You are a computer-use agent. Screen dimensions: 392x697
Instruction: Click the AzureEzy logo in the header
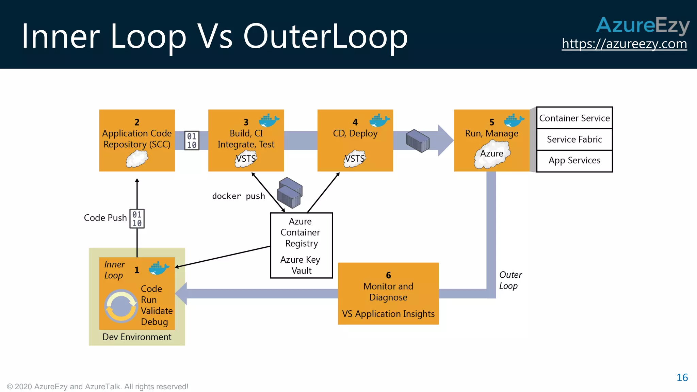[x=642, y=26]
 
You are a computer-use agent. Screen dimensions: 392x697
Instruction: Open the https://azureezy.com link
[x=624, y=44]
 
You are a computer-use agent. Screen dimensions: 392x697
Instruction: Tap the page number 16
[x=682, y=377]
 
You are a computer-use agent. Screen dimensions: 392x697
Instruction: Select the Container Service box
[x=574, y=118]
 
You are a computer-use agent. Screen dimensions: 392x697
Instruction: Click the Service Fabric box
[x=574, y=139]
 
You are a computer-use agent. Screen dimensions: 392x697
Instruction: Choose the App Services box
[x=574, y=160]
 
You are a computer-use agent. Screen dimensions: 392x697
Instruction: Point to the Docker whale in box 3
[x=269, y=120]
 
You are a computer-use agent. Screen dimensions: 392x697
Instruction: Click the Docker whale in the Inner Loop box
[x=159, y=268]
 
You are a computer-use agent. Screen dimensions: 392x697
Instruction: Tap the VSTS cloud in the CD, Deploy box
[x=355, y=159]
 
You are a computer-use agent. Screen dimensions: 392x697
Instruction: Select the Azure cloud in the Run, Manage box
[x=492, y=155]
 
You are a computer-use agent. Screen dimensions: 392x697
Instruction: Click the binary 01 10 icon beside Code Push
[x=137, y=219]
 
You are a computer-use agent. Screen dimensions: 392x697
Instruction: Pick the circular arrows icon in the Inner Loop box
[x=121, y=306]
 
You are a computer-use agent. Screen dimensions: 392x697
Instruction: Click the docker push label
[x=238, y=196]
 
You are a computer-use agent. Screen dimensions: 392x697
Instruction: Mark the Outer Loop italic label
[x=510, y=280]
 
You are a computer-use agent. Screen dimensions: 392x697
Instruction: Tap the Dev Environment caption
[x=137, y=337]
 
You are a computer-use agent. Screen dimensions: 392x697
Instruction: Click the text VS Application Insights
[x=388, y=314]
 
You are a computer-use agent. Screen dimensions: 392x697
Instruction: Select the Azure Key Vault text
[x=301, y=265]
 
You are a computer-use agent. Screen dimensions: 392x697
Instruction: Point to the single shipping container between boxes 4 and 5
[x=418, y=141]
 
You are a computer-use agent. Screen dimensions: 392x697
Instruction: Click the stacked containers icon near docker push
[x=290, y=193]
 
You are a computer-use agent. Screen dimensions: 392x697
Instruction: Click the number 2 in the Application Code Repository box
[x=137, y=122]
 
